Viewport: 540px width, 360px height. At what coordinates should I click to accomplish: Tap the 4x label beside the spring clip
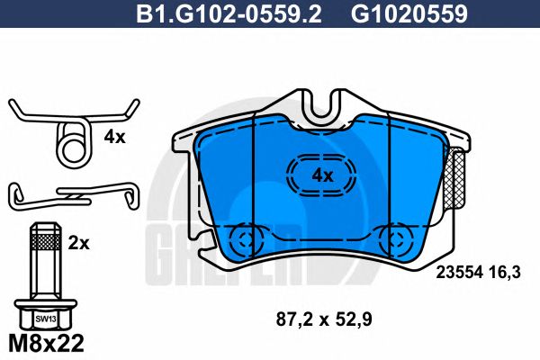(114, 138)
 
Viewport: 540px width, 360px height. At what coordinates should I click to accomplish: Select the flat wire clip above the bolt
(72, 193)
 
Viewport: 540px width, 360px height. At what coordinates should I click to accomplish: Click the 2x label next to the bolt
(78, 243)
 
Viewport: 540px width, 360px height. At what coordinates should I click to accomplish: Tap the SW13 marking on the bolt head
(42, 319)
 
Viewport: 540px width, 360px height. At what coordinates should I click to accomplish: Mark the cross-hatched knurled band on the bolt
(42, 240)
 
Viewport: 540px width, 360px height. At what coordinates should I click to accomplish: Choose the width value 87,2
(289, 318)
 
